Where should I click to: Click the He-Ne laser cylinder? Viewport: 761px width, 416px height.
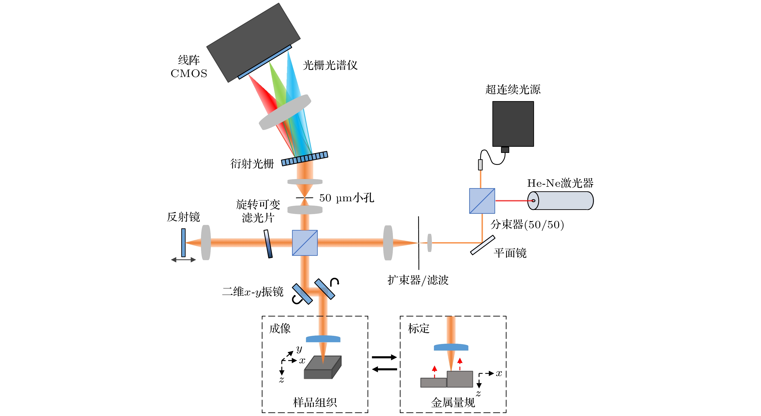(561, 201)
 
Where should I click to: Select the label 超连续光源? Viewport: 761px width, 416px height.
(513, 89)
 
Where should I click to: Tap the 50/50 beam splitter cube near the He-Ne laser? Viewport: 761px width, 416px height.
(482, 201)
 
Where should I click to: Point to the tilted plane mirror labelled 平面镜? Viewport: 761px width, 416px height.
(482, 245)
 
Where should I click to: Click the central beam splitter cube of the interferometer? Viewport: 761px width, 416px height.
(305, 243)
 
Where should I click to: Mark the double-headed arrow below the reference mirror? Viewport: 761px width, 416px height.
(184, 260)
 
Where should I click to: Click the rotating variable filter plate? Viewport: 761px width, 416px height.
(268, 244)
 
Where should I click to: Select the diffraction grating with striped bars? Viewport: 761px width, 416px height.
(305, 158)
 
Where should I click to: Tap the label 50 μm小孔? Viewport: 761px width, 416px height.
(347, 198)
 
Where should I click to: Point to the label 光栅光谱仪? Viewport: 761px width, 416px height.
(330, 65)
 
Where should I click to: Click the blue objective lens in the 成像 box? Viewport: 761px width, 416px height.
(323, 339)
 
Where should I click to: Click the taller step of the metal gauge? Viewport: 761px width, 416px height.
(460, 379)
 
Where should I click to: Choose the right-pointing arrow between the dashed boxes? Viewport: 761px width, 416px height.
(384, 357)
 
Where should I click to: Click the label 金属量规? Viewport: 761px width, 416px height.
(453, 402)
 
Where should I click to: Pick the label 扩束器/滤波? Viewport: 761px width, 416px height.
(418, 280)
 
